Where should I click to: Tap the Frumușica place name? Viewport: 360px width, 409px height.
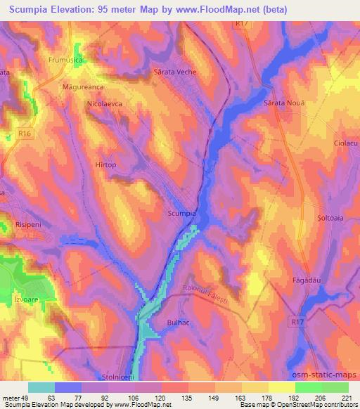[65, 61]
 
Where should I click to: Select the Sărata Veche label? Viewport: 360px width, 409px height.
[174, 72]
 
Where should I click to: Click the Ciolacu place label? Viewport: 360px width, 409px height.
[346, 143]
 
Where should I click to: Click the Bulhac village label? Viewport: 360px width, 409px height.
[179, 321]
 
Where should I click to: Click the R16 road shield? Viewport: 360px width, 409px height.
[25, 130]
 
